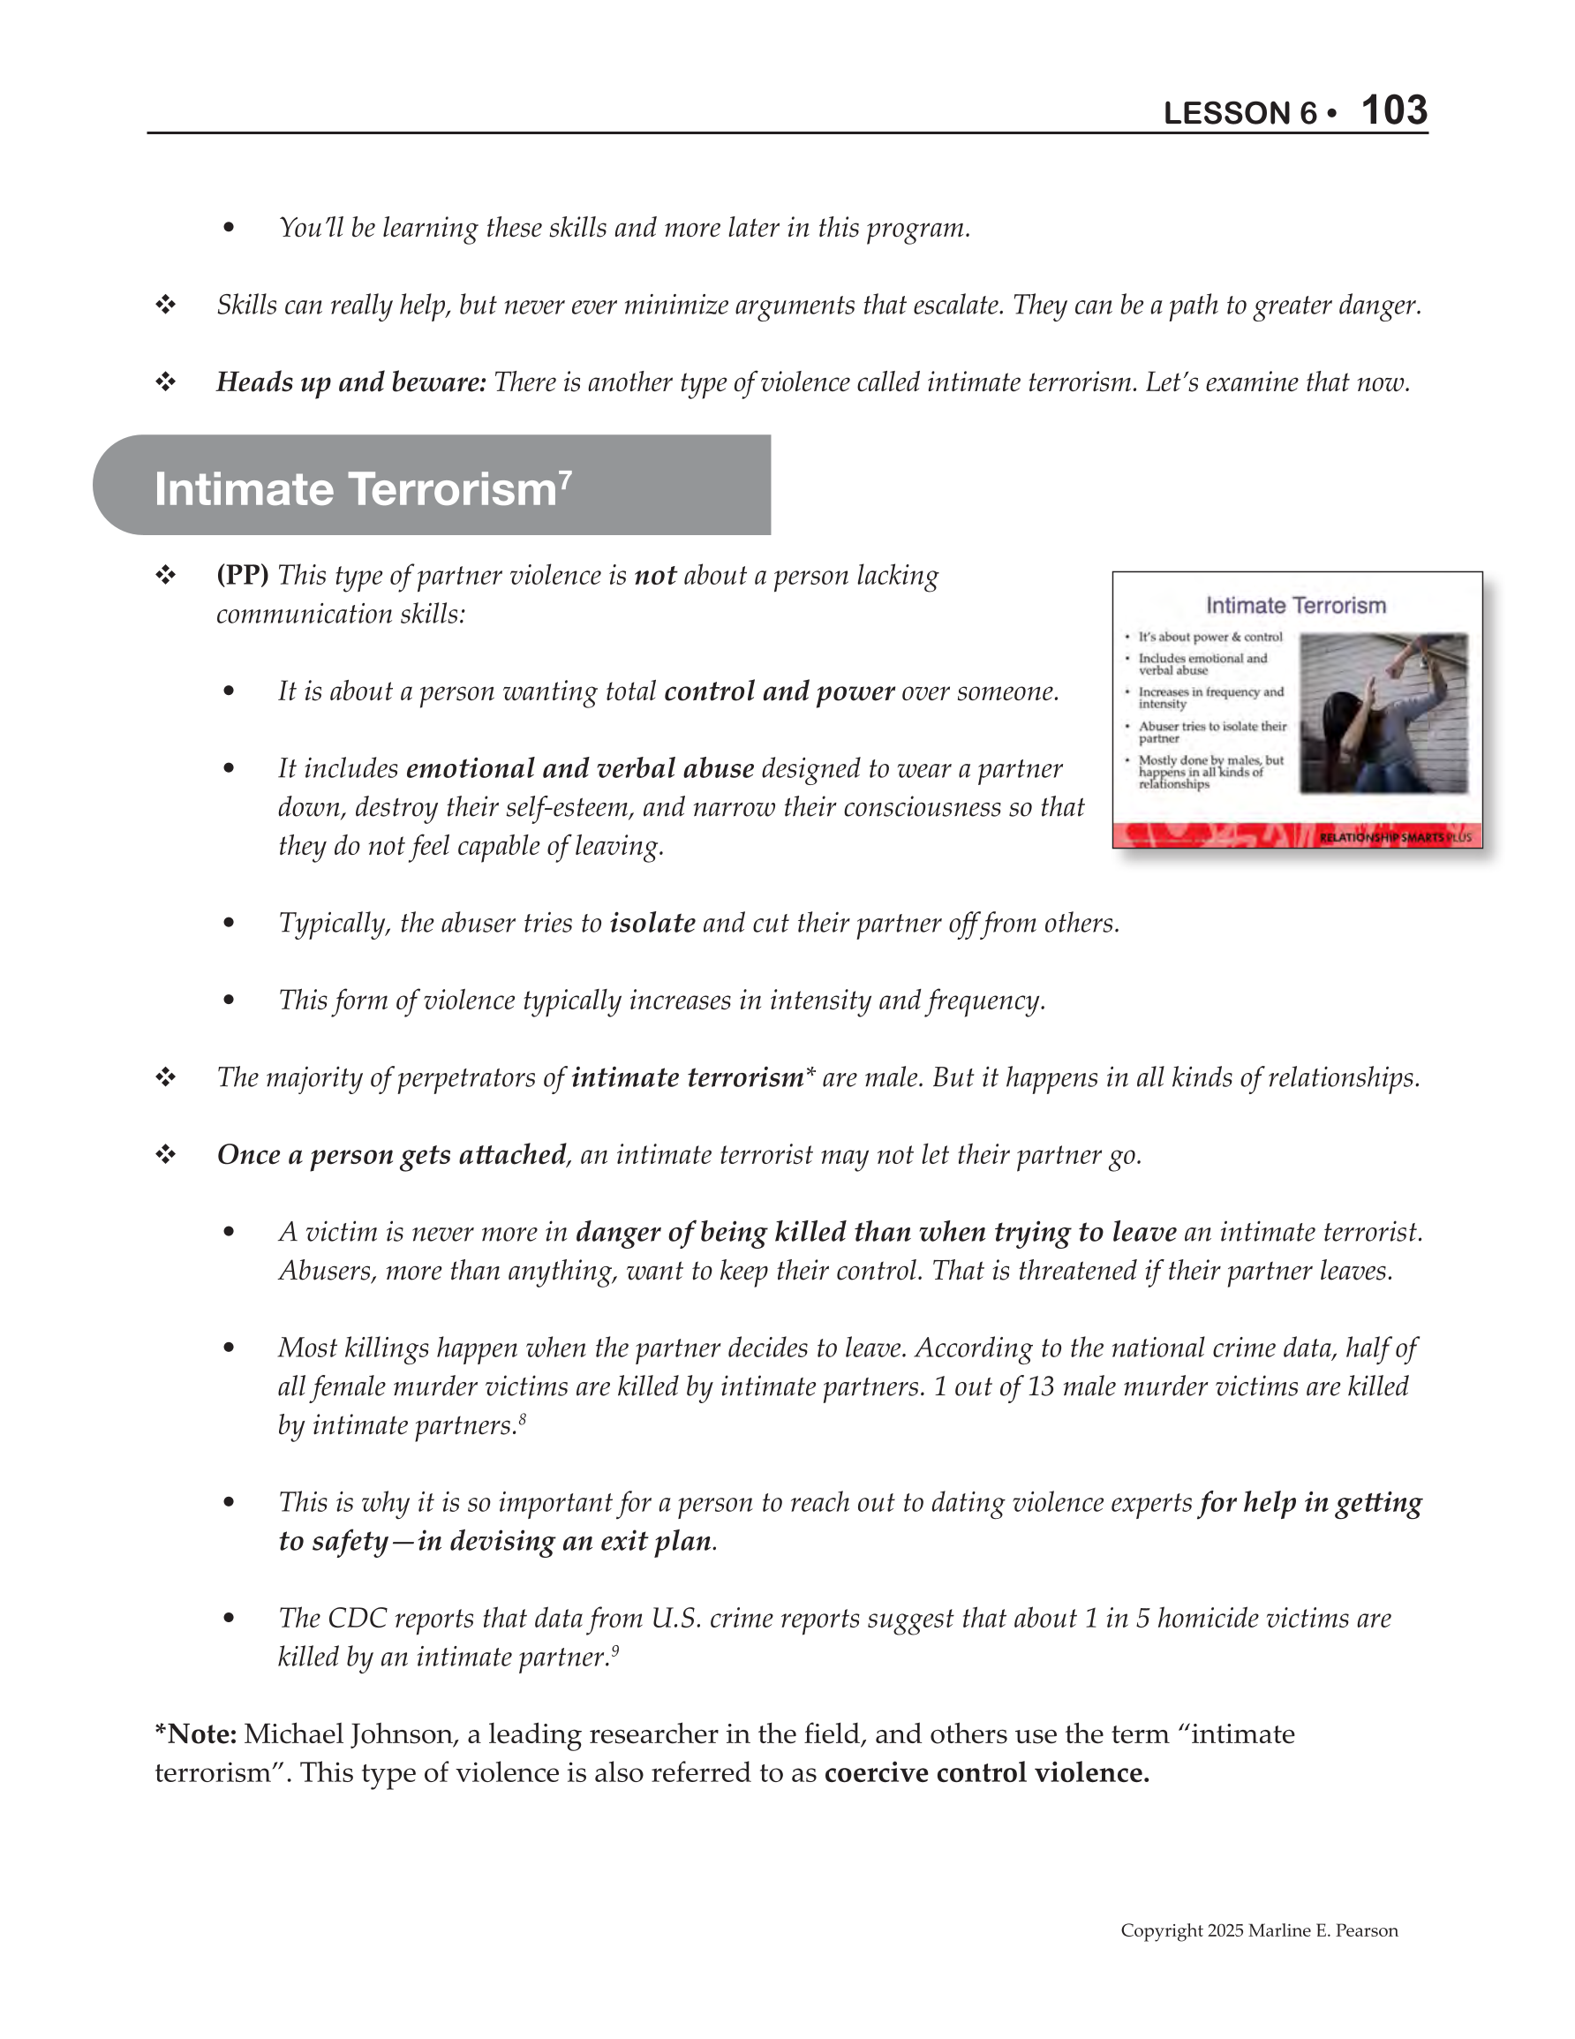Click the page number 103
point(1393,111)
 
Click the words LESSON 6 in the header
point(1239,114)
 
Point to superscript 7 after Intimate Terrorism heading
point(565,478)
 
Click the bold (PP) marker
point(243,575)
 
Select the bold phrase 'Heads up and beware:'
point(351,382)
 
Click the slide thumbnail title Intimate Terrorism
point(1296,606)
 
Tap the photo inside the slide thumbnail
point(1383,714)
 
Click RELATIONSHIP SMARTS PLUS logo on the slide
point(1395,837)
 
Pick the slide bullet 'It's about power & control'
point(1210,637)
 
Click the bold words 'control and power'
point(780,691)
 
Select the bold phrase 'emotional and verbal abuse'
point(580,769)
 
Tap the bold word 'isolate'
point(652,924)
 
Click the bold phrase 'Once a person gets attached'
point(392,1156)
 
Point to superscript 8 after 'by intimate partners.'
point(523,1419)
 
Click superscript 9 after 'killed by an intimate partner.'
point(615,1650)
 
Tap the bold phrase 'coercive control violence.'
point(987,1773)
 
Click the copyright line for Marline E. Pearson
point(1259,1930)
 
